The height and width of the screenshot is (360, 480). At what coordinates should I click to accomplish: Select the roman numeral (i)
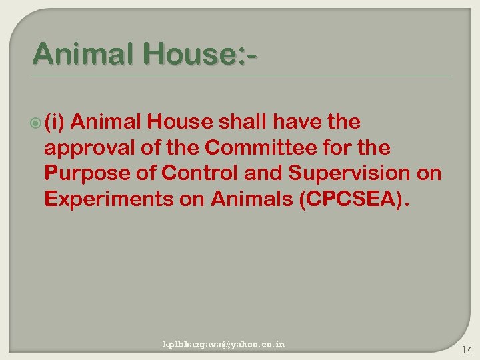pos(55,123)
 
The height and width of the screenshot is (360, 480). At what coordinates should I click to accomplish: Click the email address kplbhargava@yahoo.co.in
pos(224,344)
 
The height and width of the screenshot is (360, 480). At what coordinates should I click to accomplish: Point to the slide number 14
pos(466,349)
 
